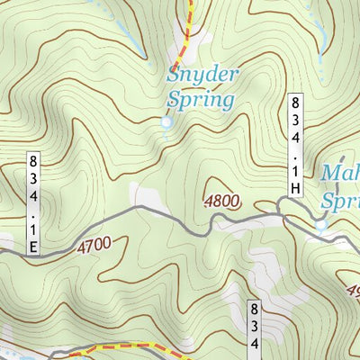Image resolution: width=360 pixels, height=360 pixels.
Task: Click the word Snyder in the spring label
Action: tap(202, 76)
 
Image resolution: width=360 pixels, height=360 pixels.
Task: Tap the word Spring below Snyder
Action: tap(200, 99)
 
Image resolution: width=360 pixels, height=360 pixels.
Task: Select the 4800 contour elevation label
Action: tap(221, 202)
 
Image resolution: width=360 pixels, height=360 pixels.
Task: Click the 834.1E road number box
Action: tap(34, 203)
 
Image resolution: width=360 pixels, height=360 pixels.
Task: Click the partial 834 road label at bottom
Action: tap(255, 329)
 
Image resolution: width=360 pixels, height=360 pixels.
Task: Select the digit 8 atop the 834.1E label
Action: tap(34, 162)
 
